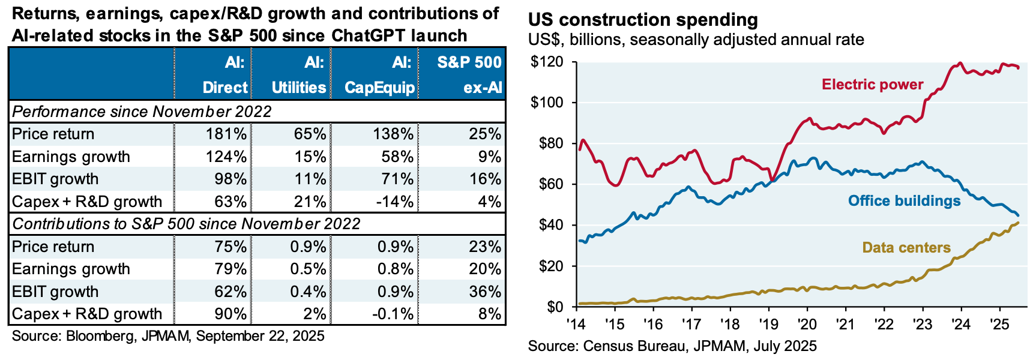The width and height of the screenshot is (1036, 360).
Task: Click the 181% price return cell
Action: pyautogui.click(x=226, y=134)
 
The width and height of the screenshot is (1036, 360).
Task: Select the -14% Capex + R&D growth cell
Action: pyautogui.click(x=394, y=202)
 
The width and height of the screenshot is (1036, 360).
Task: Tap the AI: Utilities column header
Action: pyautogui.click(x=298, y=75)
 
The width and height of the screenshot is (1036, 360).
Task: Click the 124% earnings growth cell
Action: pyautogui.click(x=226, y=157)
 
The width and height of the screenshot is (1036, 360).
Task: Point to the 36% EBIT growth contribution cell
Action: pyautogui.click(x=485, y=292)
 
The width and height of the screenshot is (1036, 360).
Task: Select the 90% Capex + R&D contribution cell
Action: pyautogui.click(x=230, y=314)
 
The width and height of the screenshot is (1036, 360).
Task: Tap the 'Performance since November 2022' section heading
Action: pyautogui.click(x=142, y=112)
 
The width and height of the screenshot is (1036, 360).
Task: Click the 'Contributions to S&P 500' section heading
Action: pyautogui.click(x=186, y=224)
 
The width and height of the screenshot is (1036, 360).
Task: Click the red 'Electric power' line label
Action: pyautogui.click(x=872, y=85)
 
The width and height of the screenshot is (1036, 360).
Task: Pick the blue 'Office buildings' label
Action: pyautogui.click(x=904, y=200)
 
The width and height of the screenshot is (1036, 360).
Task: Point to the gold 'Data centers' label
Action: pyautogui.click(x=906, y=247)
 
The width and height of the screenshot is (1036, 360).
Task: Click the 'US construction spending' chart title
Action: pyautogui.click(x=643, y=20)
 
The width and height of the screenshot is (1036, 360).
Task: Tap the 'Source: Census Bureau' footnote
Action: pyautogui.click(x=672, y=346)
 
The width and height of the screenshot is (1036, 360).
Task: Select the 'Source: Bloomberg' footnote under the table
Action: pyautogui.click(x=168, y=336)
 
